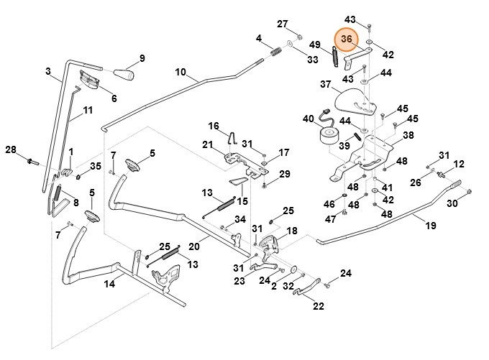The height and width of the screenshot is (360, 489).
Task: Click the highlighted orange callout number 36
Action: [x=346, y=39]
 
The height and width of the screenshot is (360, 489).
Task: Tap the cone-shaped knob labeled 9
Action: [x=124, y=74]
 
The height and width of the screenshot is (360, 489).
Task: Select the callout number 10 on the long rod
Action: [x=180, y=73]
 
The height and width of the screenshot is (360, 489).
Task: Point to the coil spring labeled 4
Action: [x=275, y=52]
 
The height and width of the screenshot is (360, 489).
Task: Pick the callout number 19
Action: [x=431, y=226]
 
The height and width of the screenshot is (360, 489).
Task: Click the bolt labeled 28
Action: [x=32, y=162]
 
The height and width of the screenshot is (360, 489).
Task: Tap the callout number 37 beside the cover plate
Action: [x=326, y=84]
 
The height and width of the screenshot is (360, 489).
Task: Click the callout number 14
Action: [x=109, y=284]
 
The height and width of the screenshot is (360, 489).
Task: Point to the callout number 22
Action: [x=318, y=306]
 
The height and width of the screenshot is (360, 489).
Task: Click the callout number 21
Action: [x=207, y=144]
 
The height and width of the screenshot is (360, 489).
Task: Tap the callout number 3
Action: [x=47, y=71]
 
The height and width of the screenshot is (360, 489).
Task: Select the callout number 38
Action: [x=408, y=135]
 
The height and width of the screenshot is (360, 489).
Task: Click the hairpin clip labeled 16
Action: [x=232, y=137]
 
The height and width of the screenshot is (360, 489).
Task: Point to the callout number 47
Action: [x=331, y=219]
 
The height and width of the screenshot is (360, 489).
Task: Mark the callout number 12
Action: [x=459, y=164]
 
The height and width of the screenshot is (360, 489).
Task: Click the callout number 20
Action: [x=194, y=246]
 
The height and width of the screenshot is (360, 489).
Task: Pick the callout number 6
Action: [x=114, y=98]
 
